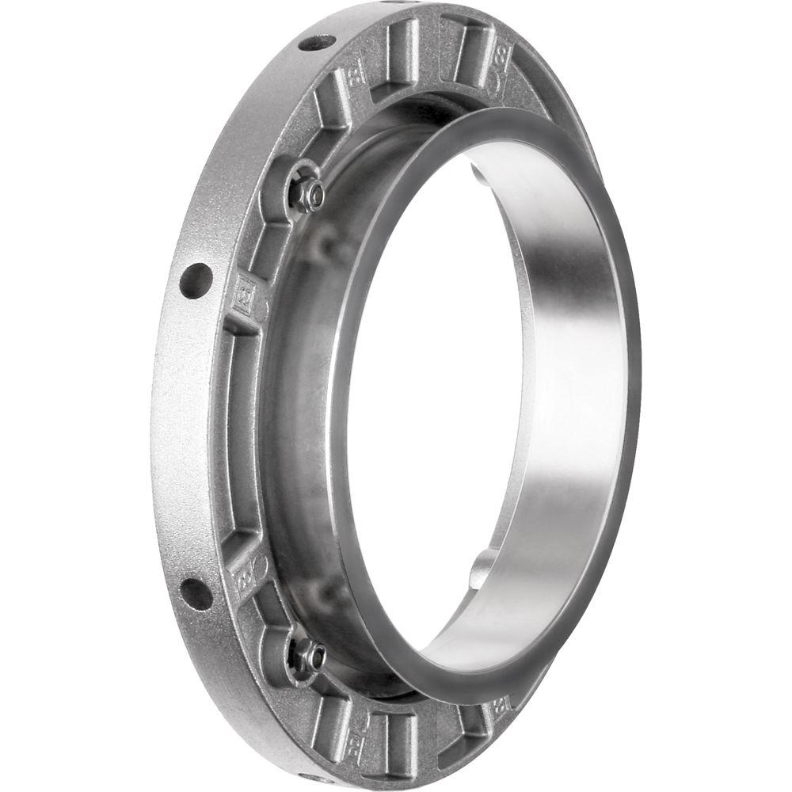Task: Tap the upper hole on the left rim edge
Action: pyautogui.click(x=196, y=280)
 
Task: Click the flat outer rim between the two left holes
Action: pyautogui.click(x=178, y=436)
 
